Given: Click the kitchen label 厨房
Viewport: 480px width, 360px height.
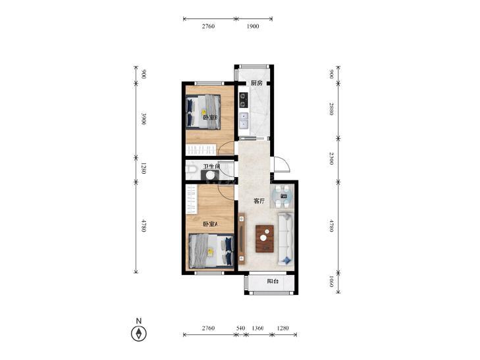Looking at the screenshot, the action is coord(257,83).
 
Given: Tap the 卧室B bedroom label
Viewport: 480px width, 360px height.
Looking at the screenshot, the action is coord(210,117).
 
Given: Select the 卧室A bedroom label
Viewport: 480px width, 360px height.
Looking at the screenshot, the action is coord(210,224).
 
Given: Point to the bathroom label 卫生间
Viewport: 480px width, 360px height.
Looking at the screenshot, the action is coord(212,167).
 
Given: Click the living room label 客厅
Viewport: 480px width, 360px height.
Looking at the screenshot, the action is coord(259,201).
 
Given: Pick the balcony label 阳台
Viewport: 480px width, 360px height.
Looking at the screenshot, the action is coord(273,281).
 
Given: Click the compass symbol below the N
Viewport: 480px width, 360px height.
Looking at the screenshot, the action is coord(139,334).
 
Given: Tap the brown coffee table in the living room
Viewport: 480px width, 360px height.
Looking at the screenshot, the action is coord(265,239).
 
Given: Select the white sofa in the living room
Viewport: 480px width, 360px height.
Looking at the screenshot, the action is coord(286,239).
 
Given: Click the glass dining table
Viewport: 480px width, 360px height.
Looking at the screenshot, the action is coord(282,196).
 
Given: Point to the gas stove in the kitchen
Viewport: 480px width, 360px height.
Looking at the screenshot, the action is coord(244,100).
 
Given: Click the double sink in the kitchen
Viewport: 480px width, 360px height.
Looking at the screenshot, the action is coord(244,121).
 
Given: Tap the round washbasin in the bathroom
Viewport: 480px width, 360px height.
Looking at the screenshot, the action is coord(210,175).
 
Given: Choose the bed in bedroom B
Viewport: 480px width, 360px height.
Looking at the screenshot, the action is coord(203,112).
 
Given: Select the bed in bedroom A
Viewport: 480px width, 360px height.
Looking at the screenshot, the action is coord(211,251).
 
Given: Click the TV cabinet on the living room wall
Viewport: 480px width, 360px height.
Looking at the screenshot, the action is coord(242,238).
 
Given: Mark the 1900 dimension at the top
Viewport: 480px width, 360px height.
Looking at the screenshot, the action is coord(253,26).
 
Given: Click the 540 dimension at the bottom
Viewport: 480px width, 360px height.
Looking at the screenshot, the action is coord(241,328).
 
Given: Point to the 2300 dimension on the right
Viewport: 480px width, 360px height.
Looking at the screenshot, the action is coord(331,159).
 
